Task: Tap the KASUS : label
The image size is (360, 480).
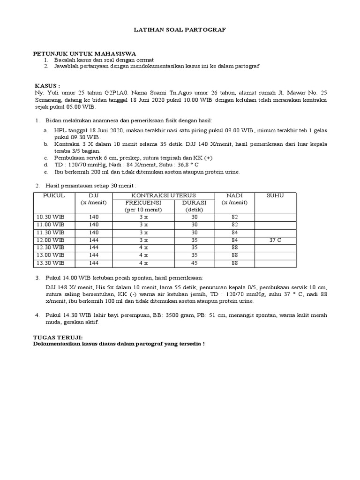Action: click(x=48, y=86)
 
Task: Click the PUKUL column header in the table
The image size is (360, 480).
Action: click(x=54, y=195)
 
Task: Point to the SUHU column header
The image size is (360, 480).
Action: click(x=275, y=195)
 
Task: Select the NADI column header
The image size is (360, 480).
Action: click(x=234, y=195)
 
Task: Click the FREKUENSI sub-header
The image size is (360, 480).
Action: click(x=143, y=202)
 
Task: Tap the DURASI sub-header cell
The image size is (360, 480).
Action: click(x=195, y=202)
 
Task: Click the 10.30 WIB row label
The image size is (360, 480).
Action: click(x=51, y=217)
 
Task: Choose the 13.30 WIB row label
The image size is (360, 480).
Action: click(x=51, y=263)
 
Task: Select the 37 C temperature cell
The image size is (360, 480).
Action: click(x=275, y=240)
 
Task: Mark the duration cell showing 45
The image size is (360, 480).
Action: click(x=195, y=263)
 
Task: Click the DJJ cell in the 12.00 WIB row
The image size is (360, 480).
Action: click(x=94, y=240)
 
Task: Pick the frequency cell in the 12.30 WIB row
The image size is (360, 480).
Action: click(x=143, y=248)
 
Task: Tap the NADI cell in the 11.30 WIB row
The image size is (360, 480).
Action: click(x=234, y=232)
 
